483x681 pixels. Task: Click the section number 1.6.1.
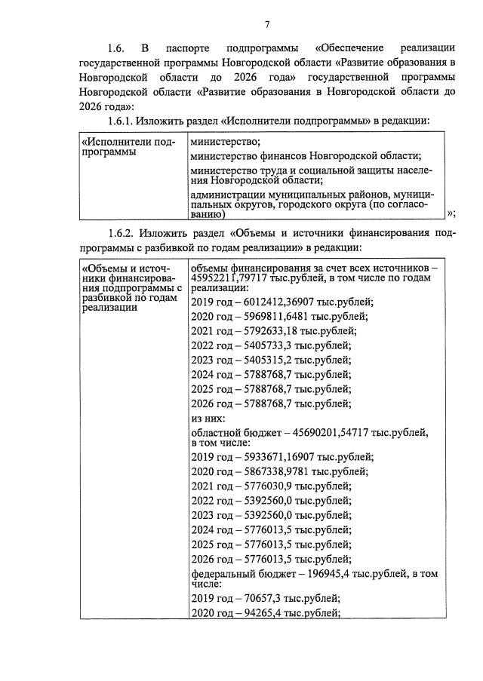click(x=125, y=121)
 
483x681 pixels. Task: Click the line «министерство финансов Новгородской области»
click(x=305, y=156)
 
